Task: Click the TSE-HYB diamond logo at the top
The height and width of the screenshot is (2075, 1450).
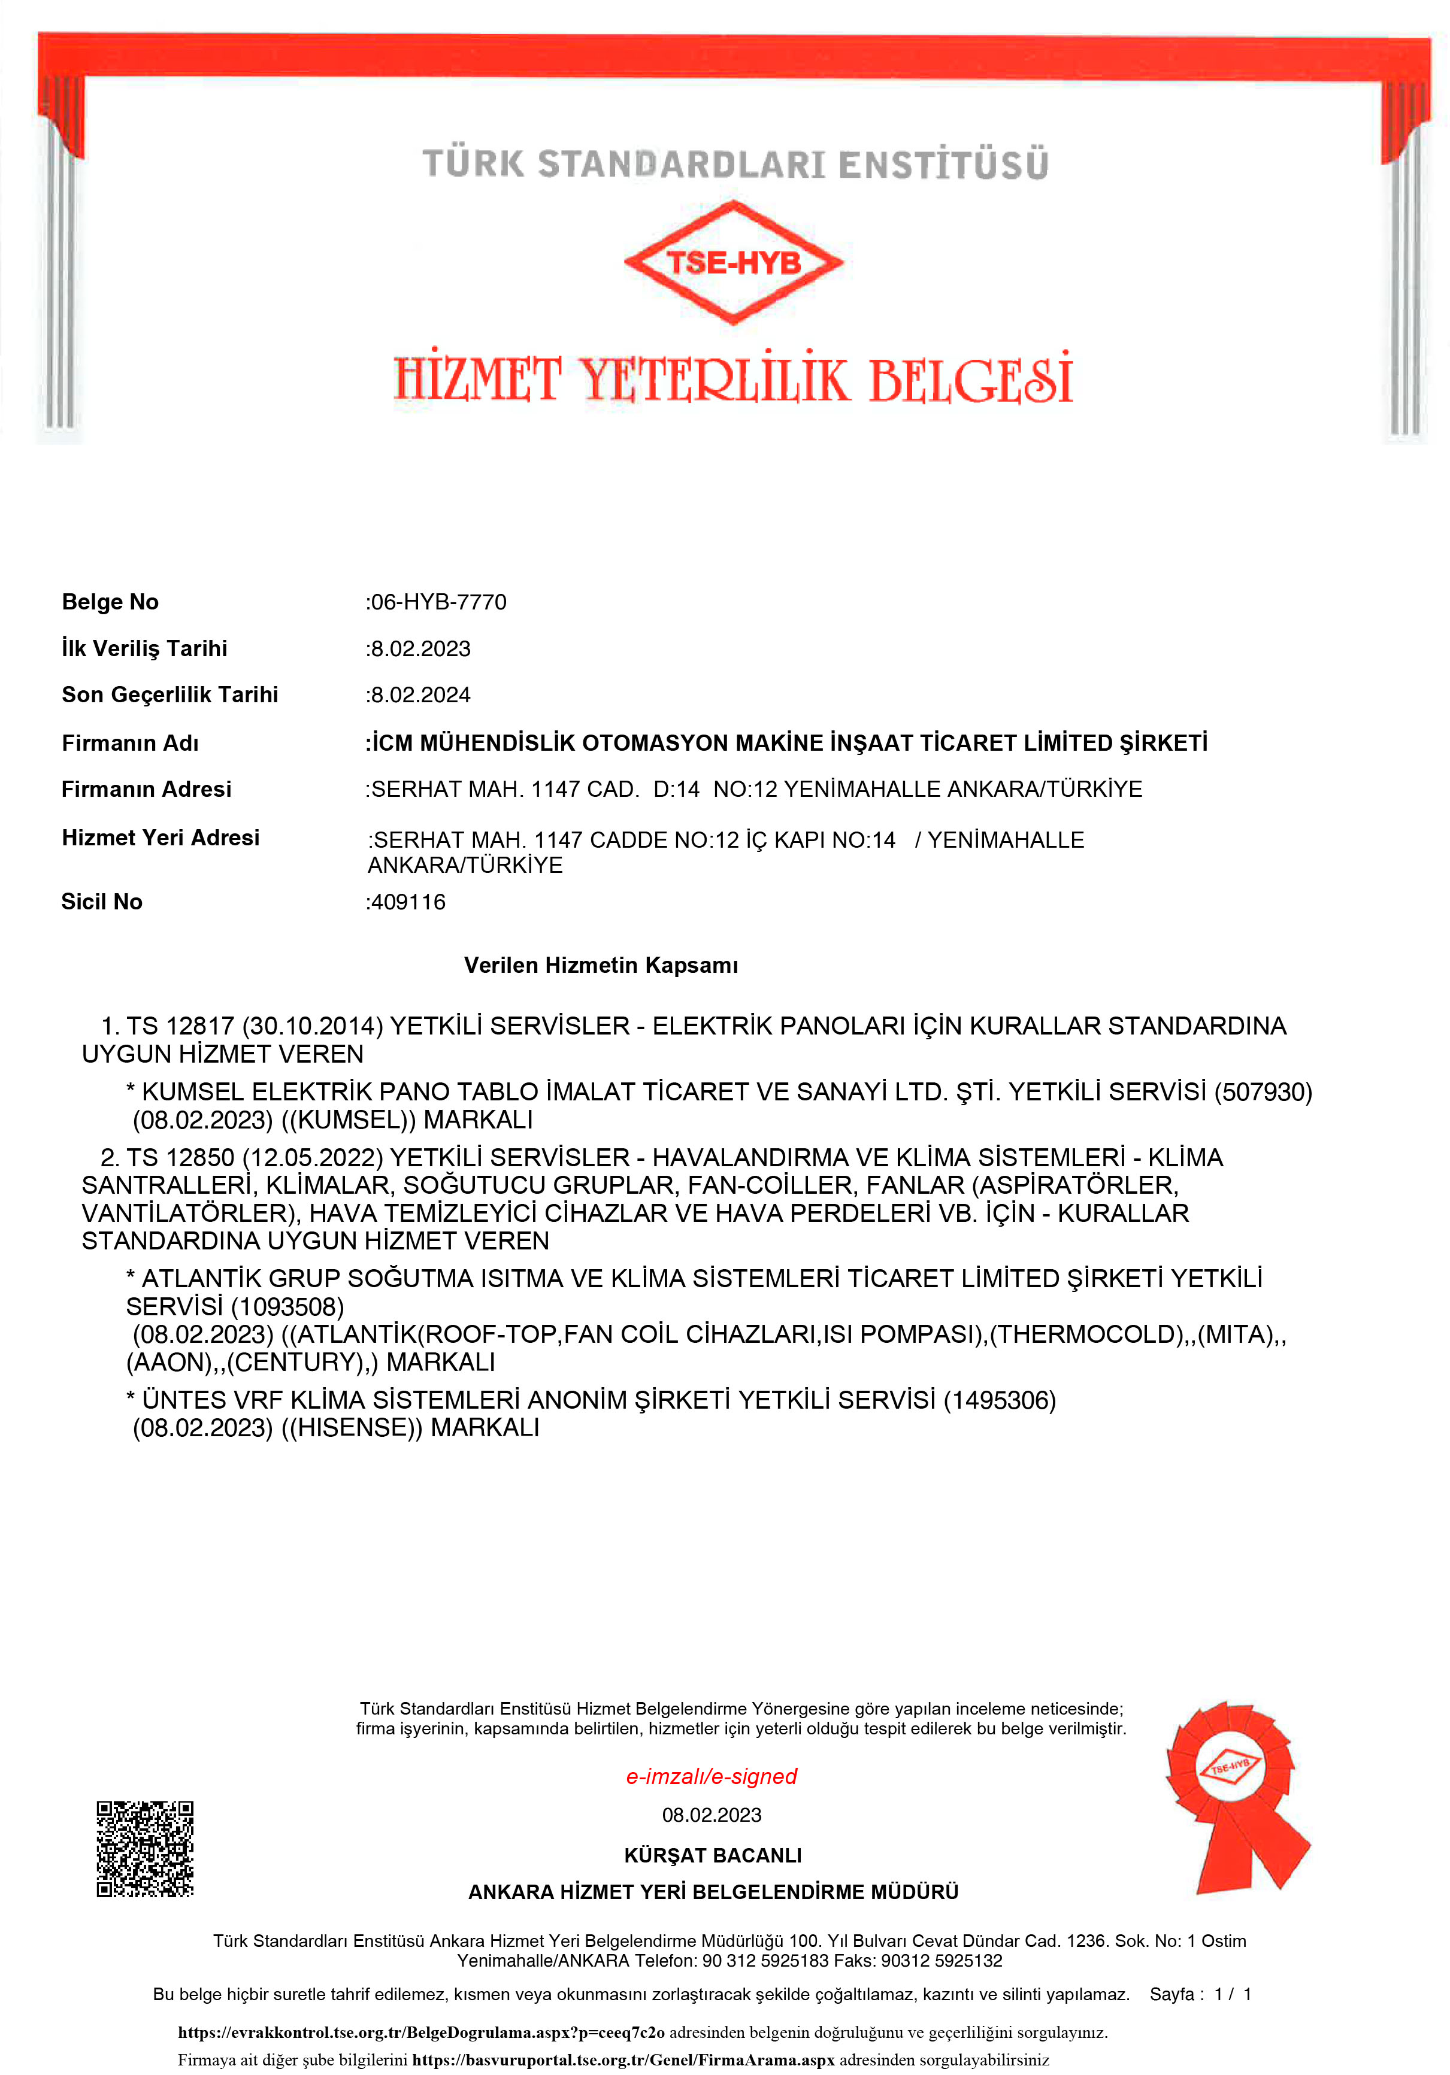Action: pyautogui.click(x=733, y=262)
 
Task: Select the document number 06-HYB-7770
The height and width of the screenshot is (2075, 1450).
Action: pyautogui.click(x=438, y=602)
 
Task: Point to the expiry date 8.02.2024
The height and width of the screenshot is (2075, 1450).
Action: pyautogui.click(x=420, y=695)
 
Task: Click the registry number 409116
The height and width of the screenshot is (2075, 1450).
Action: pyautogui.click(x=408, y=902)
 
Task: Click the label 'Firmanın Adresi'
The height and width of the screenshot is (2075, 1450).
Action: pyautogui.click(x=147, y=790)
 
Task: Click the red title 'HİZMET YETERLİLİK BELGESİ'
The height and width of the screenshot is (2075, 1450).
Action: pyautogui.click(x=733, y=380)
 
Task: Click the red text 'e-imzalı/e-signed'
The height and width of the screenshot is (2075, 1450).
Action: pyautogui.click(x=712, y=1776)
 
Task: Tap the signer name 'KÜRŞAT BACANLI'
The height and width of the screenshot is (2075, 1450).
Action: pyautogui.click(x=712, y=1855)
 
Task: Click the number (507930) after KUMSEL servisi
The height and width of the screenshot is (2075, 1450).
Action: pyautogui.click(x=1263, y=1093)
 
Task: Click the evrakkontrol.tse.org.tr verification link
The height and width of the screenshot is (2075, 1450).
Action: pyautogui.click(x=421, y=2032)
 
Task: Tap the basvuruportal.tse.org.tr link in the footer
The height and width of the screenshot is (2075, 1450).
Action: pyautogui.click(x=623, y=2059)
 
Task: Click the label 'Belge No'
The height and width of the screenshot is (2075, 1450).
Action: pyautogui.click(x=110, y=602)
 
